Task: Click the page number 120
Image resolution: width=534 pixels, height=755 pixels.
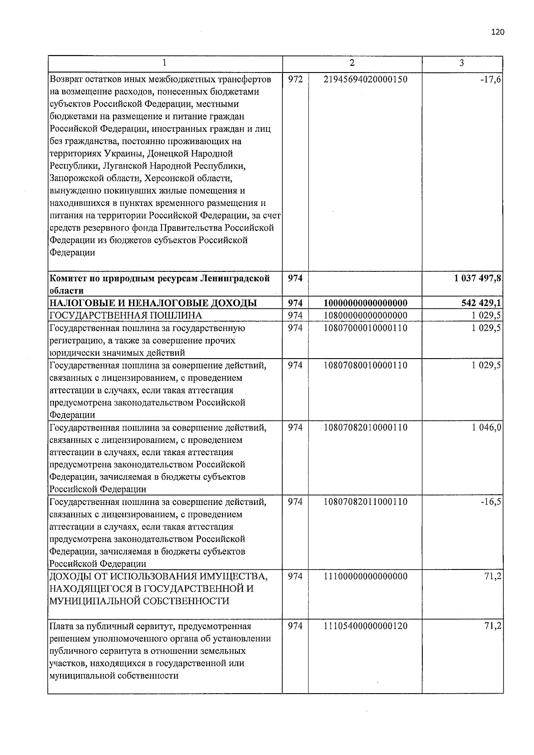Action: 498,32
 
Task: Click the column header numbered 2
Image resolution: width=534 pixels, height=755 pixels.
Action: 352,63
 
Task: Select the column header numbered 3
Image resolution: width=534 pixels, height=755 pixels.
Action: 462,63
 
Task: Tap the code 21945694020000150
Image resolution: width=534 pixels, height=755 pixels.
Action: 365,79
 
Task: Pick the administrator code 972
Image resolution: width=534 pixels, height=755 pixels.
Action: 295,79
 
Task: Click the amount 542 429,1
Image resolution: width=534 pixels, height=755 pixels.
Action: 483,303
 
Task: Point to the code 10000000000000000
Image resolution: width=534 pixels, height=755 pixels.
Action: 365,303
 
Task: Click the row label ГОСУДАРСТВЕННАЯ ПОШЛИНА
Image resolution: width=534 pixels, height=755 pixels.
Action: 126,316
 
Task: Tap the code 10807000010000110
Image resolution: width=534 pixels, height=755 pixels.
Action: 365,328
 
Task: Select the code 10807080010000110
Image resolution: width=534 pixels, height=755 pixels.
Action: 365,366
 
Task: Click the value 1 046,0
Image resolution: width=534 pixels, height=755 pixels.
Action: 487,428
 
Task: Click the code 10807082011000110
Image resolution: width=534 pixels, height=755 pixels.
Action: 365,502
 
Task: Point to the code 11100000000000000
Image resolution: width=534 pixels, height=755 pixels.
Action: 365,577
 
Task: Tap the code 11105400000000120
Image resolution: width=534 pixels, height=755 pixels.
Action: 365,626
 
